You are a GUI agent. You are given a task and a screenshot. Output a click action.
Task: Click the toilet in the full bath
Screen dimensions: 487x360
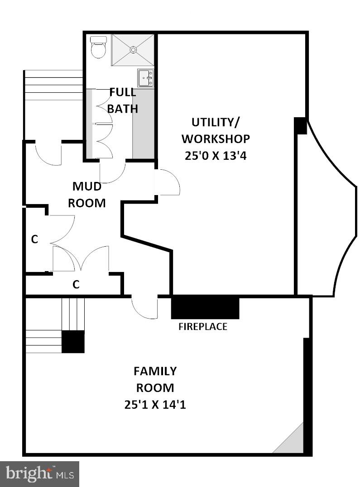[x=98, y=47]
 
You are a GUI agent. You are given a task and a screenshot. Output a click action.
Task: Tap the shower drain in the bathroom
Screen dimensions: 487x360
[x=133, y=49]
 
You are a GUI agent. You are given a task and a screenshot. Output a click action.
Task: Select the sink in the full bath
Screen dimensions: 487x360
[x=146, y=78]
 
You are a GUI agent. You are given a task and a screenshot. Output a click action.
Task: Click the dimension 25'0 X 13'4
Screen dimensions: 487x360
[x=216, y=155]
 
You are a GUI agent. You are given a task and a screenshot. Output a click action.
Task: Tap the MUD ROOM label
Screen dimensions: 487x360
[x=87, y=195]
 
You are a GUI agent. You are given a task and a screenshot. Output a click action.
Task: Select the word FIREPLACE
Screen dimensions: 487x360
[x=203, y=326]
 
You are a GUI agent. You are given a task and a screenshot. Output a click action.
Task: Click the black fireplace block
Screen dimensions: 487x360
[x=205, y=308]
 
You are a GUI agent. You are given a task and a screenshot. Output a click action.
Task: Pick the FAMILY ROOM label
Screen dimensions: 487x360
[x=155, y=379]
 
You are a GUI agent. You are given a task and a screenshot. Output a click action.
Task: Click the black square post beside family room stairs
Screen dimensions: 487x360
[x=73, y=342]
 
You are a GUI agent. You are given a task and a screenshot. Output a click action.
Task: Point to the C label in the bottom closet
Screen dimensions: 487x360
[x=76, y=285]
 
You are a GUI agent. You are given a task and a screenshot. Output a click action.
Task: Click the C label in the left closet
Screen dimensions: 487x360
[x=34, y=239]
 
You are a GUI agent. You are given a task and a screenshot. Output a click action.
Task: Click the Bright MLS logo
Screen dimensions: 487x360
[x=40, y=474]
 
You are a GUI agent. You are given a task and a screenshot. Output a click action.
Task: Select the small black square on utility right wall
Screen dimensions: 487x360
[x=300, y=126]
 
